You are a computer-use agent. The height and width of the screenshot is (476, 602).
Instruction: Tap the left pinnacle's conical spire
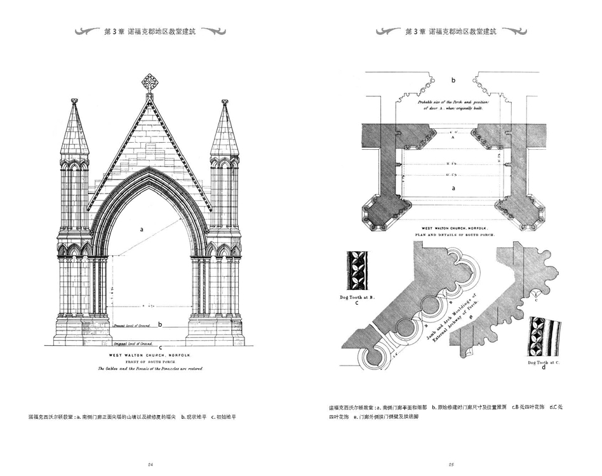(x=74, y=130)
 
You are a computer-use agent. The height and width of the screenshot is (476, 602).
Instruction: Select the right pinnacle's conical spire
(x=225, y=130)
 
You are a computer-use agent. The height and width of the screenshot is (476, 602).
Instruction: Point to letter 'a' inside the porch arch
(x=142, y=229)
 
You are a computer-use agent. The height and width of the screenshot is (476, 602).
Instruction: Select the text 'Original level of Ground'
(x=131, y=343)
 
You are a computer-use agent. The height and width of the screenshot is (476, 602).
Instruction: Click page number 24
(x=150, y=465)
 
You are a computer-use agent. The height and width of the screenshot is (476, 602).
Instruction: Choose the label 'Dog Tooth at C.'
(x=542, y=362)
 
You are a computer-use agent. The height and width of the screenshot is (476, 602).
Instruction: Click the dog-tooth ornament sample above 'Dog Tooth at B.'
(x=358, y=271)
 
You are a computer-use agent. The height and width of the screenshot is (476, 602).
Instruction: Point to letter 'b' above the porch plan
(x=453, y=81)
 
